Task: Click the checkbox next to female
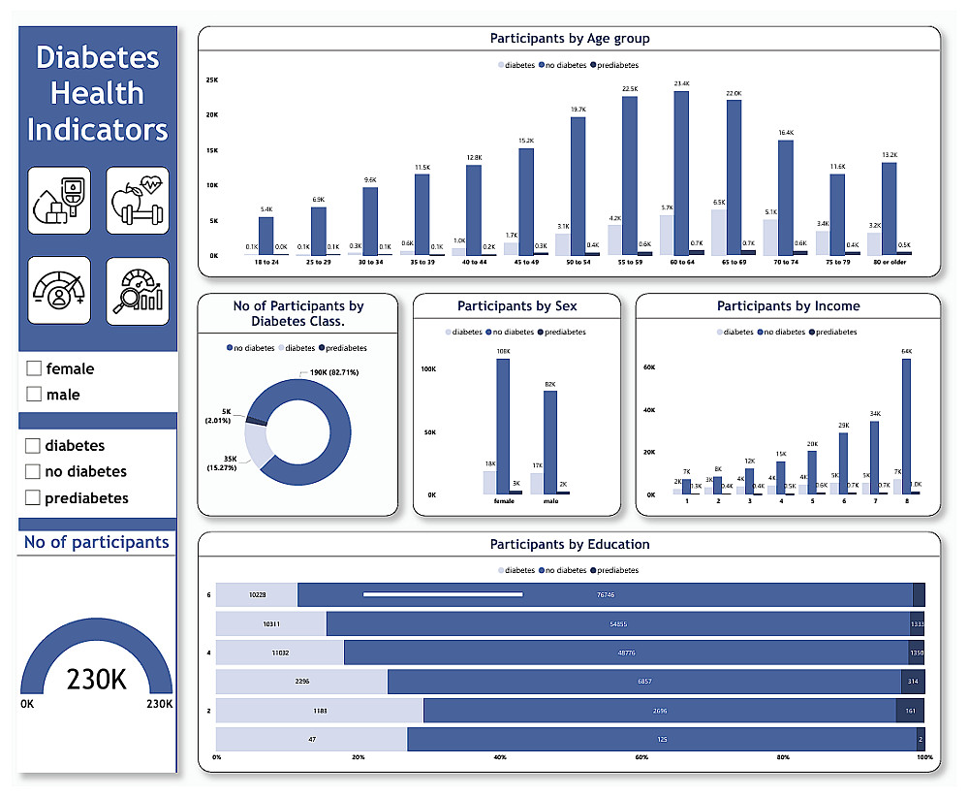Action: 34,368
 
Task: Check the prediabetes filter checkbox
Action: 33,497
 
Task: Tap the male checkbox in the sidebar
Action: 34,395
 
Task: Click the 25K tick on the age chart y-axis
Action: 211,80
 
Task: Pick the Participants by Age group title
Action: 569,39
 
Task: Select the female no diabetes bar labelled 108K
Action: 503,427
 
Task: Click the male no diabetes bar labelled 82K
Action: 550,442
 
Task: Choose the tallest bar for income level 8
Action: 906,427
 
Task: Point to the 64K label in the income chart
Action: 906,352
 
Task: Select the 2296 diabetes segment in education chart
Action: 301,682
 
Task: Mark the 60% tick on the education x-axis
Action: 641,758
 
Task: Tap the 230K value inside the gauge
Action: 96,680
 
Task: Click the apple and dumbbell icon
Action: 138,200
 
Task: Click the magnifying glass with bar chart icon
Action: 138,290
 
